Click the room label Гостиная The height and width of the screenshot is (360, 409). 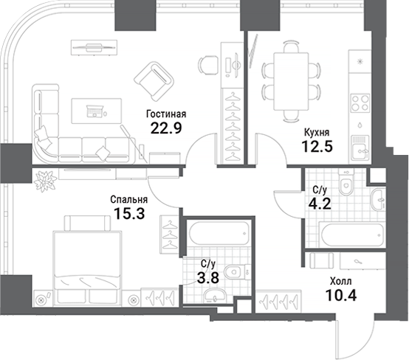166,114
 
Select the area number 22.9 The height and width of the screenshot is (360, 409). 165,130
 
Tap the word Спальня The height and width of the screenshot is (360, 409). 128,198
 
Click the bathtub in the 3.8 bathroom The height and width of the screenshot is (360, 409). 218,235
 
